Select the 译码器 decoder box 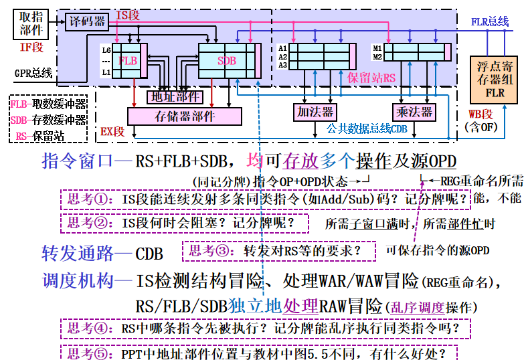click(88, 22)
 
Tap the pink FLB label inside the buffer click(128, 60)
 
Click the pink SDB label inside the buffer click(227, 61)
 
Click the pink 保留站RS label click(371, 78)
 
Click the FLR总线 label click(490, 21)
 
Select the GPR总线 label click(33, 72)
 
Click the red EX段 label click(112, 132)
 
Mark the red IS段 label click(128, 14)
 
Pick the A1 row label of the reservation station click(282, 48)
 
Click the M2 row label click(377, 57)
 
